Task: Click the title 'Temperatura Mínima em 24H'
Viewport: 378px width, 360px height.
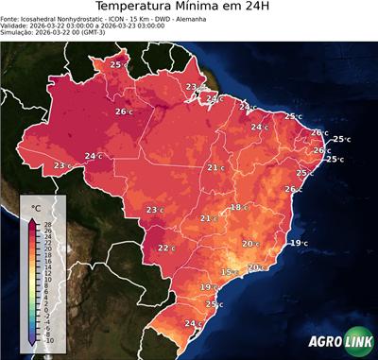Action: (189, 9)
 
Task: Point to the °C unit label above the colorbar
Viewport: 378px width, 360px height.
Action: (36, 208)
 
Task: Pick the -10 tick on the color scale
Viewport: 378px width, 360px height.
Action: (47, 340)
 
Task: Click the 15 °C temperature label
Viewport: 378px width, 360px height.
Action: (228, 272)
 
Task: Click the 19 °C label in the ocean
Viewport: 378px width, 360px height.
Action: (297, 244)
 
